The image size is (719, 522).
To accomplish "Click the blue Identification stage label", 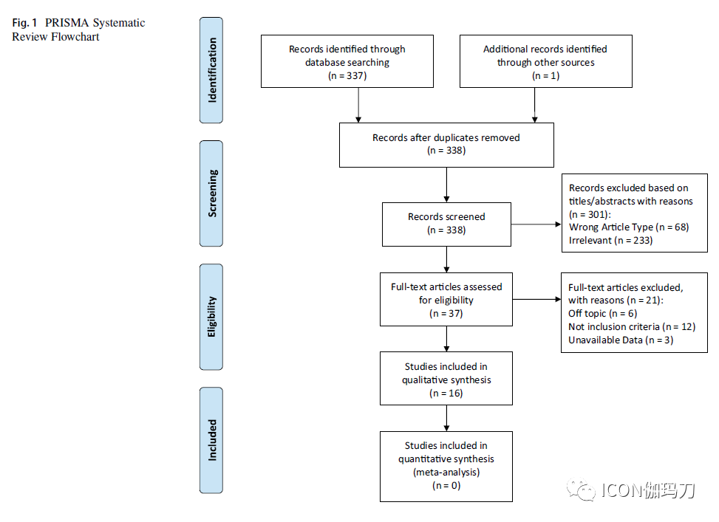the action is [211, 70].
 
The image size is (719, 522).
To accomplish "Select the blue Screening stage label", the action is [211, 193].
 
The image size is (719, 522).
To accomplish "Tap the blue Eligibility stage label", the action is [211, 317].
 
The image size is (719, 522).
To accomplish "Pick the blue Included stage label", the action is [211, 440].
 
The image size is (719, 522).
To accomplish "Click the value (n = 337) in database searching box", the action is [347, 75].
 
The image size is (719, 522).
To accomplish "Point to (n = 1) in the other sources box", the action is [545, 75].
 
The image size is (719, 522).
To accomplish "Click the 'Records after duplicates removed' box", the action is [446, 145].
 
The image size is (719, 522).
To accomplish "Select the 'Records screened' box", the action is [446, 224].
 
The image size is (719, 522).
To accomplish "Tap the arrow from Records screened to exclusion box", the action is [536, 224].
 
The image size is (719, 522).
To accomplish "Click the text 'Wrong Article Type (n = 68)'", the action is [629, 227].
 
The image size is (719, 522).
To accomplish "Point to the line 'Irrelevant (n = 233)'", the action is [610, 240].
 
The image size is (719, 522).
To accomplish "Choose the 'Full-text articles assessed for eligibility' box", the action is [446, 300].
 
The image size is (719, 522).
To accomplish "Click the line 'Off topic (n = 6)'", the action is [602, 314].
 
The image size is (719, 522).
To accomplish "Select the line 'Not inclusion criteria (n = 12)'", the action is [632, 327].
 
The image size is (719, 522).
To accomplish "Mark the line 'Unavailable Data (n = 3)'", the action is [621, 340].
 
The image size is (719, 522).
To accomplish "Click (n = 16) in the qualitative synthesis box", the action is [446, 394].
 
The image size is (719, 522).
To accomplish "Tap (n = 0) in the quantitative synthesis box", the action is [446, 485].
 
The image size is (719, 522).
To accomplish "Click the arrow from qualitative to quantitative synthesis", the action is [446, 419].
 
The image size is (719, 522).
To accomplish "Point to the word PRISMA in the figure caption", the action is [67, 23].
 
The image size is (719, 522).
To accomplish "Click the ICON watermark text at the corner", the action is [648, 490].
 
